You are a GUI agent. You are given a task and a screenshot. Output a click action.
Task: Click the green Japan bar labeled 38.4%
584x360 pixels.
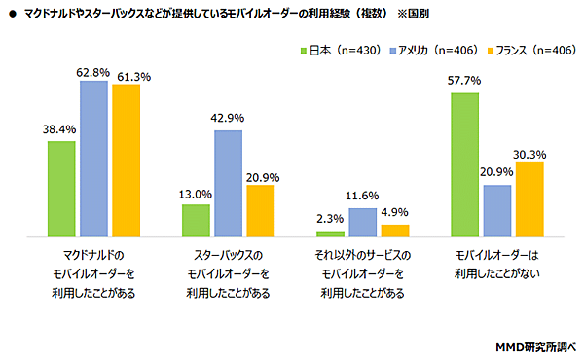pos(61,189)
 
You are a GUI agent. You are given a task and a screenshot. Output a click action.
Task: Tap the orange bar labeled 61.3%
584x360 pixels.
pos(126,161)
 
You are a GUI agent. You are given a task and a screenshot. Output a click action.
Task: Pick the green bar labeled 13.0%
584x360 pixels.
pos(196,221)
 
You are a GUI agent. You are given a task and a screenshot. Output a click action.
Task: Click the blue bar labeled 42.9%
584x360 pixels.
pos(228,184)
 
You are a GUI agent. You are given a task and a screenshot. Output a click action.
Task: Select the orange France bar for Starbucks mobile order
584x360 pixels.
pos(261,211)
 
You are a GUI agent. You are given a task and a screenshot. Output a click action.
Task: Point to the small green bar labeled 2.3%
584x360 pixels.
pos(331,234)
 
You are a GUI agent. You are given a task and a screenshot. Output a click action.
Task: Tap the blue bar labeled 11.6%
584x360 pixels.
pos(363,223)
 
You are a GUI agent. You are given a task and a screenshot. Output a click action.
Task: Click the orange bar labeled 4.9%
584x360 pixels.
pos(395,232)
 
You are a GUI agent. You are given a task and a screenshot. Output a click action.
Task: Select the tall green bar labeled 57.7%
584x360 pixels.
pos(465,165)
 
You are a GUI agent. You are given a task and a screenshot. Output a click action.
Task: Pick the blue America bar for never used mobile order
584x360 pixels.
pos(497,211)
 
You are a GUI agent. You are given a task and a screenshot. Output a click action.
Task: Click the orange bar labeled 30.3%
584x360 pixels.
pos(529,199)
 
